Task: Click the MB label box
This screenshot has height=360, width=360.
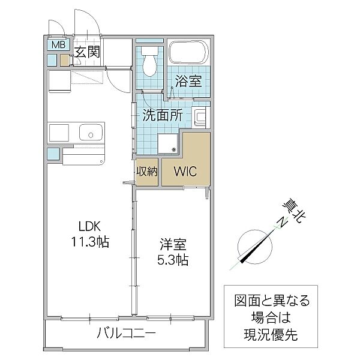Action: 58,45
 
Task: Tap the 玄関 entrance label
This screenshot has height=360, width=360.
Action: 87,52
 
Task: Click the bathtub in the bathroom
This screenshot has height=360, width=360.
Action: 188,53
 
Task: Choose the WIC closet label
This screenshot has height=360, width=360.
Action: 185,170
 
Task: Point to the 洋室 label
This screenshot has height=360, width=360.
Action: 173,245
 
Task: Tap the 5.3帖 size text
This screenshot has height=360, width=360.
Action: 173,260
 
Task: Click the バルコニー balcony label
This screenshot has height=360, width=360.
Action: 126,334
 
